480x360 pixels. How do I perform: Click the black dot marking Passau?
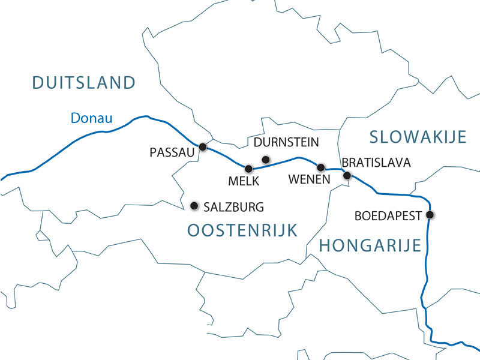coord(203,146)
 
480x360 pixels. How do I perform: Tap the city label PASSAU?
coord(173,153)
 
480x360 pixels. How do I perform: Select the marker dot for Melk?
coord(248,169)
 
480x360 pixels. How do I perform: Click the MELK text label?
coord(244,180)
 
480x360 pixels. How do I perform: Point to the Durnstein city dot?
coord(266,159)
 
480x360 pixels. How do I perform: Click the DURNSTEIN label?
coord(286,143)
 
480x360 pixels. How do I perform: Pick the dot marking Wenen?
coord(320,167)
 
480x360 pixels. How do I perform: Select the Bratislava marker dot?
coord(347,175)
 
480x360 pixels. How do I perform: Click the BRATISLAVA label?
coord(376,163)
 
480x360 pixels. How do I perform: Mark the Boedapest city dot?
coord(430,215)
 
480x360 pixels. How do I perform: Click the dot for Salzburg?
coord(194,206)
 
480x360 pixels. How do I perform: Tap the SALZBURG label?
coord(234,208)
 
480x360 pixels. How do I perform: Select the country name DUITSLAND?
coord(84,83)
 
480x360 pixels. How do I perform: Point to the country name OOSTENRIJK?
coord(242,230)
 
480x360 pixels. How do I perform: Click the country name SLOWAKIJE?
coord(418,137)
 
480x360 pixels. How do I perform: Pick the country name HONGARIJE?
coord(370,245)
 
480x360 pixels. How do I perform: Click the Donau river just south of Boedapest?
coord(426,252)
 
